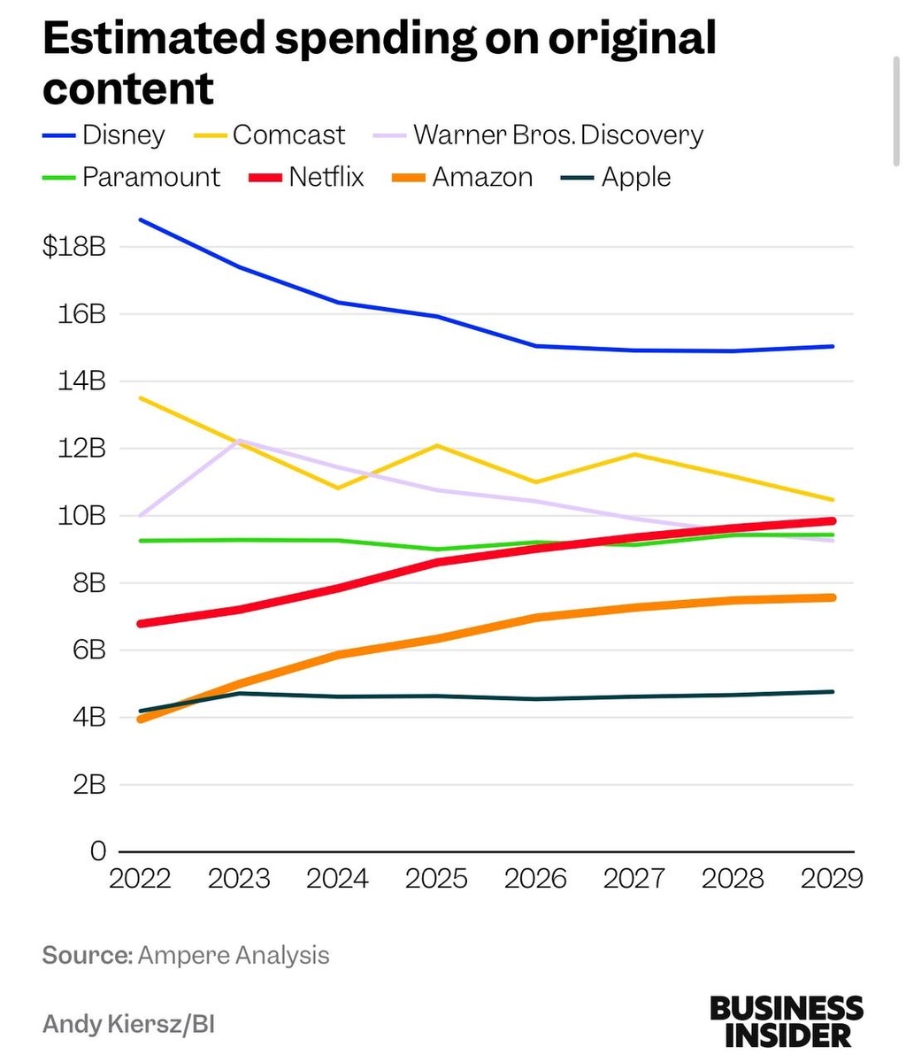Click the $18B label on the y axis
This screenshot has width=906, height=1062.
tap(74, 247)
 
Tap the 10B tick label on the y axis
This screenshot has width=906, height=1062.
tap(82, 516)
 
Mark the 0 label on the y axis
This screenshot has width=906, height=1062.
tap(98, 851)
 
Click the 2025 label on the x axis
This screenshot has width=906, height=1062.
tap(436, 879)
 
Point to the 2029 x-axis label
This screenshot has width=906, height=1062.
tap(831, 879)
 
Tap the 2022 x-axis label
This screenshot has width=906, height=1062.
tap(140, 879)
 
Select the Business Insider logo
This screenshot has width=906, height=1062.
tap(786, 1020)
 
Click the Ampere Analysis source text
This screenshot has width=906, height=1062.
tap(234, 956)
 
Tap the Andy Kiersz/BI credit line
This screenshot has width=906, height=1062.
tap(129, 1024)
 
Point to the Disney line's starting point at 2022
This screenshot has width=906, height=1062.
tap(141, 219)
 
